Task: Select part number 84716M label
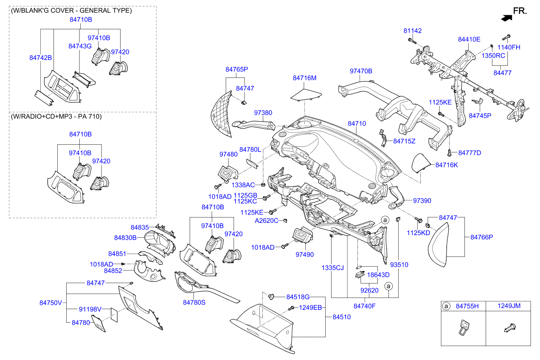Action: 305,78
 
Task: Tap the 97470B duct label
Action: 361,71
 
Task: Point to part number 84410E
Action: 469,39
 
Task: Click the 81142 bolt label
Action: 412,31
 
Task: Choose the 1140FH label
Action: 509,48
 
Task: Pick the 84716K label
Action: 447,165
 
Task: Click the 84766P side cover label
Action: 481,237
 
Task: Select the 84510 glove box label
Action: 341,317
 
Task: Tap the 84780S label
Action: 194,302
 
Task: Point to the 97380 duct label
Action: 263,113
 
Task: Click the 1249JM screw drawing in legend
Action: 509,328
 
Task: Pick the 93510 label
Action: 399,265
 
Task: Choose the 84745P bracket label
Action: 480,115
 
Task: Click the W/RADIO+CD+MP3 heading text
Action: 56,116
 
